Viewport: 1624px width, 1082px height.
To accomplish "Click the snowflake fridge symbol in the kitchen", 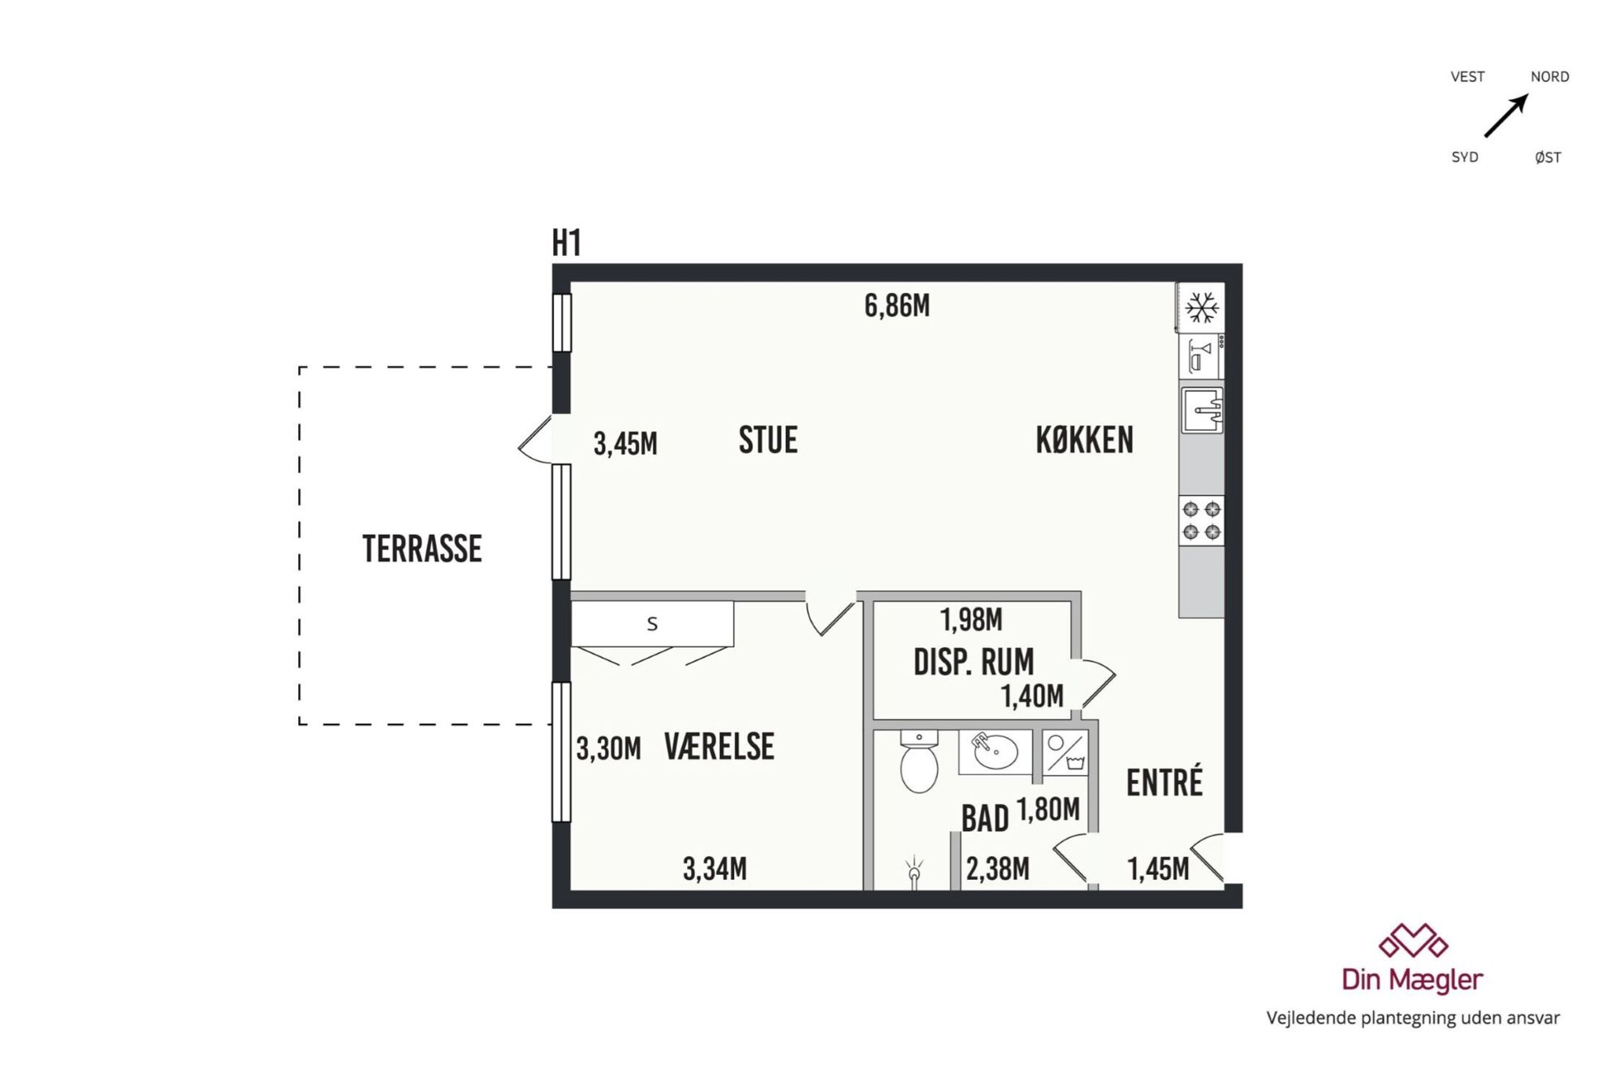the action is click(x=1201, y=308).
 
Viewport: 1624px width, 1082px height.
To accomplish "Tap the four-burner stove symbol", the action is click(x=1202, y=520).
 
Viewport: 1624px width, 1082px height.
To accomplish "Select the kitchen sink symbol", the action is click(x=1203, y=410).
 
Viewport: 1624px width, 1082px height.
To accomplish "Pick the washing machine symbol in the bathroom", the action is click(x=1065, y=753).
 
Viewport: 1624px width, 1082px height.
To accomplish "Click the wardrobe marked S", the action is click(x=652, y=623).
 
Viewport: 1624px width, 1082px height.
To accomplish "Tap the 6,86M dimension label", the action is click(x=897, y=306).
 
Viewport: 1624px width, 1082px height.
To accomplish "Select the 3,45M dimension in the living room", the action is click(x=625, y=444).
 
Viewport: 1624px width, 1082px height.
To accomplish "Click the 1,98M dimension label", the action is click(x=971, y=620).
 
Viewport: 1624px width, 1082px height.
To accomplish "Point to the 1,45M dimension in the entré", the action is click(x=1159, y=869).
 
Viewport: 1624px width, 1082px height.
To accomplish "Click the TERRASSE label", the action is click(x=422, y=549).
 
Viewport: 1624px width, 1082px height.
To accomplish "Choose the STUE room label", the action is click(x=768, y=440).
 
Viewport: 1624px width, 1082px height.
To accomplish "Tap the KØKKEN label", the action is click(x=1085, y=440).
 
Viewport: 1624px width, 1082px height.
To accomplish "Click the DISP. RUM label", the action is click(x=974, y=662).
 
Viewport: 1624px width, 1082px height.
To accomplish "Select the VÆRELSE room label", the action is click(x=719, y=747).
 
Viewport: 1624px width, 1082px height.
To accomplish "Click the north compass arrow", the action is click(x=1506, y=116).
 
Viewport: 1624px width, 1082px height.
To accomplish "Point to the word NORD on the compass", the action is click(x=1550, y=77).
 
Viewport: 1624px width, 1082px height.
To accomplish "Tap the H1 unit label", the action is click(x=567, y=243).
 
